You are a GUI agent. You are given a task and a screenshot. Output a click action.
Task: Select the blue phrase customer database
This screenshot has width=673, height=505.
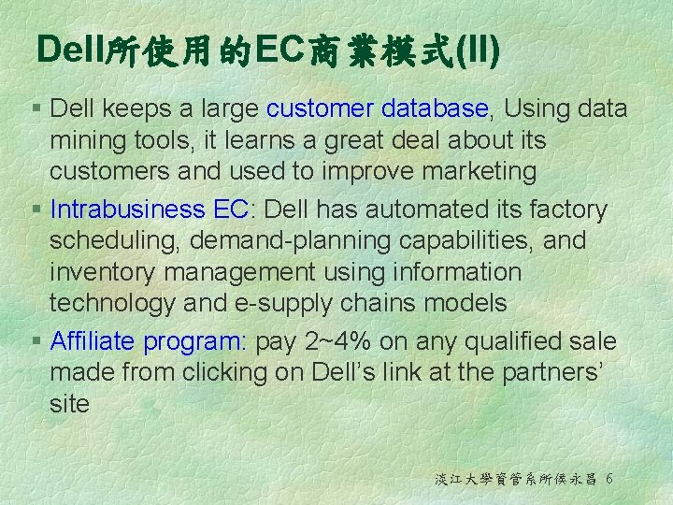(378, 108)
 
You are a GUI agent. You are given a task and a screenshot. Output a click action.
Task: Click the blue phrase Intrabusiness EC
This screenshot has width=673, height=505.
(149, 209)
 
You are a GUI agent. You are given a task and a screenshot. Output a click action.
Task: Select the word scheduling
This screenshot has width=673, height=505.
(115, 241)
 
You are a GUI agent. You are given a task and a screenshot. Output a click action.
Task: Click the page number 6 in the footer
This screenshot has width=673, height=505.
(609, 478)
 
